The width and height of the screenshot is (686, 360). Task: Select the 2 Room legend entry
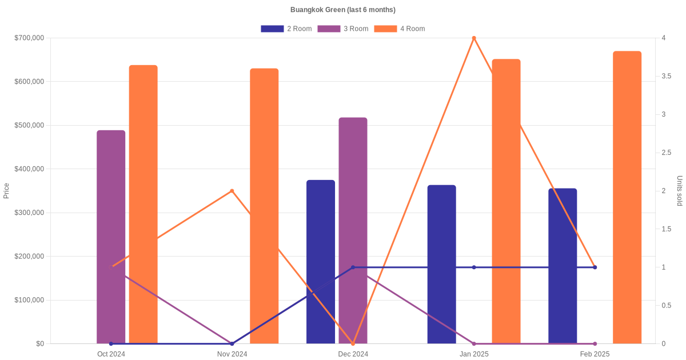pos(286,29)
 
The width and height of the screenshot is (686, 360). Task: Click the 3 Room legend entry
pos(342,29)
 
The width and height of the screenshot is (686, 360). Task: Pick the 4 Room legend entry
pos(400,29)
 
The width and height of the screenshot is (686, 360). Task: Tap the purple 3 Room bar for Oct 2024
pos(111,237)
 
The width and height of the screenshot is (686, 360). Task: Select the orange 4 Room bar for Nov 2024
pos(264,206)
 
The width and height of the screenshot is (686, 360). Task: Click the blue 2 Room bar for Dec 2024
pos(321,262)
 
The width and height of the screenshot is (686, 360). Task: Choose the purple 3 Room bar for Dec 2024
pos(353,230)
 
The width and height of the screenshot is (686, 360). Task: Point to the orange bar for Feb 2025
pos(627,198)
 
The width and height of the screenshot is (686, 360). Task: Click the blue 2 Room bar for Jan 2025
pos(441,265)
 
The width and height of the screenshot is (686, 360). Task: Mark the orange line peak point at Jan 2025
pos(474,38)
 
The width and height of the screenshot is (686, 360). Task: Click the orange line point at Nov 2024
pos(232,191)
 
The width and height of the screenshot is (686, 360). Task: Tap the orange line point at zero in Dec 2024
pos(353,344)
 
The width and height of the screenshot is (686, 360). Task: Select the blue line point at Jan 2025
pos(474,267)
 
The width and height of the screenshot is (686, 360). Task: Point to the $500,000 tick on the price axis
pos(29,125)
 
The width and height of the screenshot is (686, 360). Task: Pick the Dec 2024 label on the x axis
pos(353,354)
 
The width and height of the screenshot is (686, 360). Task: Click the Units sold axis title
pos(679,191)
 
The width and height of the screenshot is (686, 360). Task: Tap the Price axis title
pos(6,191)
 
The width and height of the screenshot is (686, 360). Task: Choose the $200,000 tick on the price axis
pos(29,256)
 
